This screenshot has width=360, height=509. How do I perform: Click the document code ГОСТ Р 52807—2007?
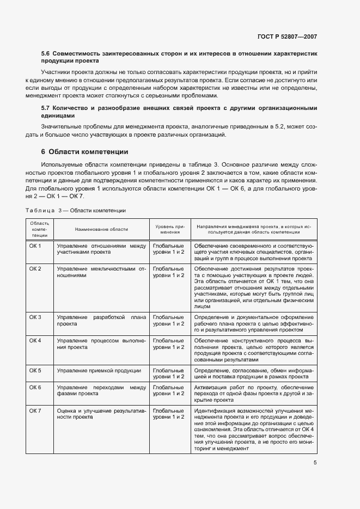coord(286,37)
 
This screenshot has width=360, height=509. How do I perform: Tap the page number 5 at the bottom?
coord(315,463)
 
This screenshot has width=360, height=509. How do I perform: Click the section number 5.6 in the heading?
coord(46,54)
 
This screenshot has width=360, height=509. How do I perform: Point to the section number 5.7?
coord(46,108)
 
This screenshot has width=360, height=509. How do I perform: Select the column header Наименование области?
coord(101,229)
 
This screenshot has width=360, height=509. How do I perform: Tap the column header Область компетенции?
coord(39,229)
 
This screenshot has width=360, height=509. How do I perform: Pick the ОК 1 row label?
coord(35,246)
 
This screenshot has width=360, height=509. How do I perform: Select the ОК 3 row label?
coord(35,317)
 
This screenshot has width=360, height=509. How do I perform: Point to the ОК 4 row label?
coord(35,340)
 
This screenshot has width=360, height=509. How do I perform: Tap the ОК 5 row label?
coord(35,370)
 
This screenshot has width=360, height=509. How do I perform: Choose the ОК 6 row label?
coord(35,387)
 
